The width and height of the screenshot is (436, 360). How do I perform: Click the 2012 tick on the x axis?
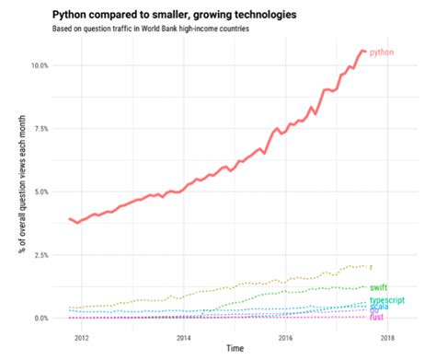[81, 337]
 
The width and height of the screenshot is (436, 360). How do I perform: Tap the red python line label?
[382, 53]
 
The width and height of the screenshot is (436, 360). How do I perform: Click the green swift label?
[378, 287]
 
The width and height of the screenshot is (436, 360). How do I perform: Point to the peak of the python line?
[361, 50]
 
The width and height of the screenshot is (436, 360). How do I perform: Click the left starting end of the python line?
[70, 219]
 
